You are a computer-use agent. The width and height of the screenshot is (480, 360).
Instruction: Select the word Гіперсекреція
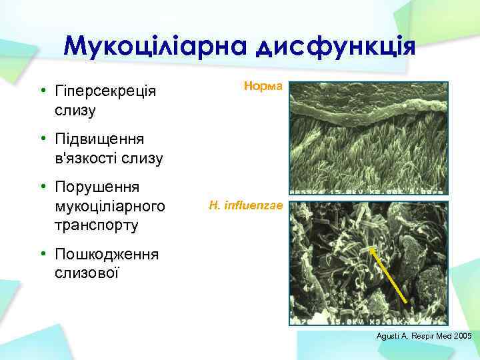[106, 91]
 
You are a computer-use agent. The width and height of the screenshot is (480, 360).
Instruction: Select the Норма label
[264, 87]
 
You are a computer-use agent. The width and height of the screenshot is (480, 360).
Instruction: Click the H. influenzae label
[246, 207]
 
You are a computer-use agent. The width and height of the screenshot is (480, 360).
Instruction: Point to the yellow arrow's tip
[370, 248]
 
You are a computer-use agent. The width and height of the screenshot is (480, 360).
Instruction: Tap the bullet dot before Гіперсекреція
[42, 91]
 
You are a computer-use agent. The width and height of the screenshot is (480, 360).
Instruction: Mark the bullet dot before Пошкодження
[42, 255]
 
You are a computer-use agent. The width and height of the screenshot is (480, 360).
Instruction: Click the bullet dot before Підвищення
[42, 139]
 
